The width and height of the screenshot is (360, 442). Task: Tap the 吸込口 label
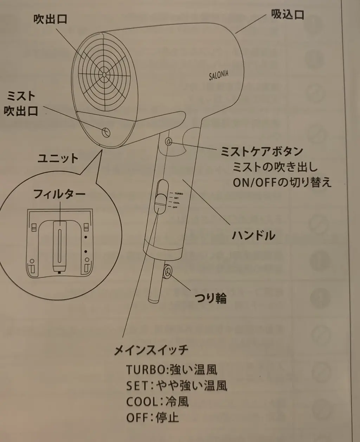287,15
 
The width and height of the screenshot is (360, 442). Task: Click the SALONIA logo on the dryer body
218,75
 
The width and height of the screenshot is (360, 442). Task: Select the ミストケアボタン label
262,151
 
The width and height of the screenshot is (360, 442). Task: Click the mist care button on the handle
169,142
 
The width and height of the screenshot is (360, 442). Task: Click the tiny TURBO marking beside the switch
179,194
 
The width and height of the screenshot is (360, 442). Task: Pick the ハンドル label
253,235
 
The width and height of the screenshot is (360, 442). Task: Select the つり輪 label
211,298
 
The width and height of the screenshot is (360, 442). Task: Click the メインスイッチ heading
151,350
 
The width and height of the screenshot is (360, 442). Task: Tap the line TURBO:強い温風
171,370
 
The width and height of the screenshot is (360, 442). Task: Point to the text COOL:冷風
157,402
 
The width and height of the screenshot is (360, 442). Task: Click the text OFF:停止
152,418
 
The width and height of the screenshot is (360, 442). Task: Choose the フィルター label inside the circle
59,194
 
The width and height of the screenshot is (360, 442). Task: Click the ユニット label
58,158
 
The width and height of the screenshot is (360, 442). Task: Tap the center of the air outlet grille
105,74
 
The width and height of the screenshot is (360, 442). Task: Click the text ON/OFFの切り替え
282,183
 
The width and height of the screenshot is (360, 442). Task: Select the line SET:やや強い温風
176,386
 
